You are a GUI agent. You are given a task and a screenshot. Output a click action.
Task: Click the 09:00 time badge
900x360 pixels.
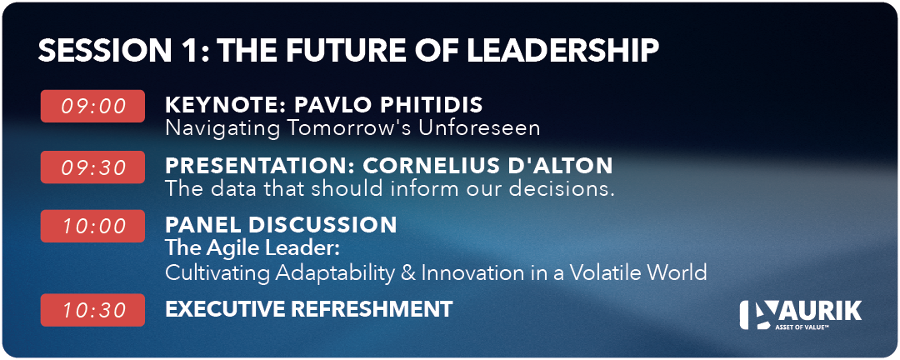[x=92, y=106]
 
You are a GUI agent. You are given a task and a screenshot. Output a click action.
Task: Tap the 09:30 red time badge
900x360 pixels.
[x=92, y=167]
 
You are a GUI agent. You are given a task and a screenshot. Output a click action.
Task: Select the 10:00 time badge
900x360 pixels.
[x=92, y=226]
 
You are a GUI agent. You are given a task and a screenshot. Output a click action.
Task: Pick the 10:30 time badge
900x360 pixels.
[x=92, y=310]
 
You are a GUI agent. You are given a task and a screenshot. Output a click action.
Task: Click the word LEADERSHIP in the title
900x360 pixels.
[x=562, y=51]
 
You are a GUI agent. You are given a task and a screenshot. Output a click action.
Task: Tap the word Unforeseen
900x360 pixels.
[x=478, y=128]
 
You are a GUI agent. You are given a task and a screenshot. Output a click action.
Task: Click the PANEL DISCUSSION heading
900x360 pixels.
[x=282, y=224]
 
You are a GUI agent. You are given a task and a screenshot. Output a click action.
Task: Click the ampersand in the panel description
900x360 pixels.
[x=407, y=272]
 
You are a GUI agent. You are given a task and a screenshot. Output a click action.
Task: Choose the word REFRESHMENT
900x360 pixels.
[x=372, y=309]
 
